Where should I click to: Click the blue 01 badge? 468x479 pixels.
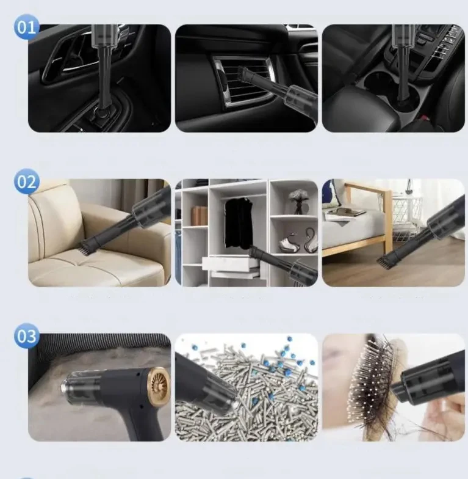[x=27, y=27]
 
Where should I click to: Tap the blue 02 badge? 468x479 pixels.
[x=27, y=182]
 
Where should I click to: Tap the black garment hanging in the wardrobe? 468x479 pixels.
[x=238, y=222]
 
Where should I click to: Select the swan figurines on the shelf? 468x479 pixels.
[x=303, y=241]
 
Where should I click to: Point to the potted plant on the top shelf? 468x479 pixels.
[x=298, y=199]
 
